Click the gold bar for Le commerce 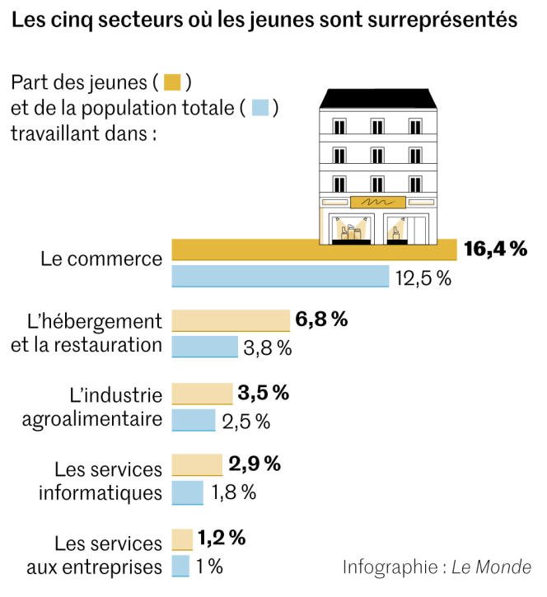pyautogui.click(x=314, y=250)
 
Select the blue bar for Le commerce pyautogui.click(x=280, y=277)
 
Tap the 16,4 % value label pyautogui.click(x=495, y=249)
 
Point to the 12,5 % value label pyautogui.click(x=423, y=278)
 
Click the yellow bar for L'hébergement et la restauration pyautogui.click(x=231, y=320)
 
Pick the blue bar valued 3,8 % pyautogui.click(x=204, y=347)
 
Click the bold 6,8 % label pyautogui.click(x=321, y=320)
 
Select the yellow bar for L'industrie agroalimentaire pyautogui.click(x=202, y=394)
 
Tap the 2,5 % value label pyautogui.click(x=245, y=422)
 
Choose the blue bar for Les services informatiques pyautogui.click(x=187, y=492)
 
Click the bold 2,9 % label pyautogui.click(x=255, y=464)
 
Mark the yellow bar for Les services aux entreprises pyautogui.click(x=181, y=539)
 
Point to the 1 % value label pyautogui.click(x=209, y=567)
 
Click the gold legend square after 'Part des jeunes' pyautogui.click(x=172, y=82)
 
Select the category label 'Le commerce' pyautogui.click(x=102, y=259)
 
